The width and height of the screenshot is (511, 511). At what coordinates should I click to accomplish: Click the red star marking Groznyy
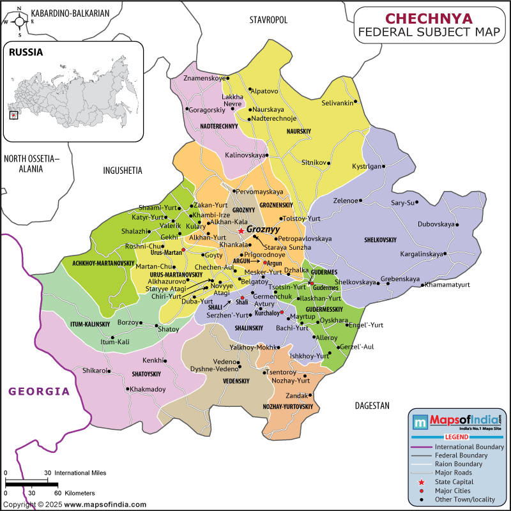pyautogui.click(x=241, y=231)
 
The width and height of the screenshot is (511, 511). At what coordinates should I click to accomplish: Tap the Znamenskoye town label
pyautogui.click(x=204, y=79)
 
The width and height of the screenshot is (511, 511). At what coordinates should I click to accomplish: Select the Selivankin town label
pyautogui.click(x=337, y=102)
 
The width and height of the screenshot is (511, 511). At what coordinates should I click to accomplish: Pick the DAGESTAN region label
pyautogui.click(x=372, y=406)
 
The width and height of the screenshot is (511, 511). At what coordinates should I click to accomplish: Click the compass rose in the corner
pyautogui.click(x=19, y=21)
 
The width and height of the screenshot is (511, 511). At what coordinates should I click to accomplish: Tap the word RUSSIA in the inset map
pyautogui.click(x=26, y=52)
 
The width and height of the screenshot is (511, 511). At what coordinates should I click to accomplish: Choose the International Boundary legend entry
pyautogui.click(x=469, y=446)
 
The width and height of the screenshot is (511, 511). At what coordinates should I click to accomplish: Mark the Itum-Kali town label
pyautogui.click(x=115, y=342)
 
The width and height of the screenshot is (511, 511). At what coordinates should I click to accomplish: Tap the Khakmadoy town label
pyautogui.click(x=148, y=389)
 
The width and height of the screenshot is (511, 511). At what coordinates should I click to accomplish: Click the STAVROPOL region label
pyautogui.click(x=268, y=20)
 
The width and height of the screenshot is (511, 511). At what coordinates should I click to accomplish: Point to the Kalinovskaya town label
pyautogui.click(x=245, y=155)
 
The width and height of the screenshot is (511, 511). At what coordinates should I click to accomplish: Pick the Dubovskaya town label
pyautogui.click(x=436, y=224)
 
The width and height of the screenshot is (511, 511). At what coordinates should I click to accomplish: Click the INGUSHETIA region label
pyautogui.click(x=123, y=171)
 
